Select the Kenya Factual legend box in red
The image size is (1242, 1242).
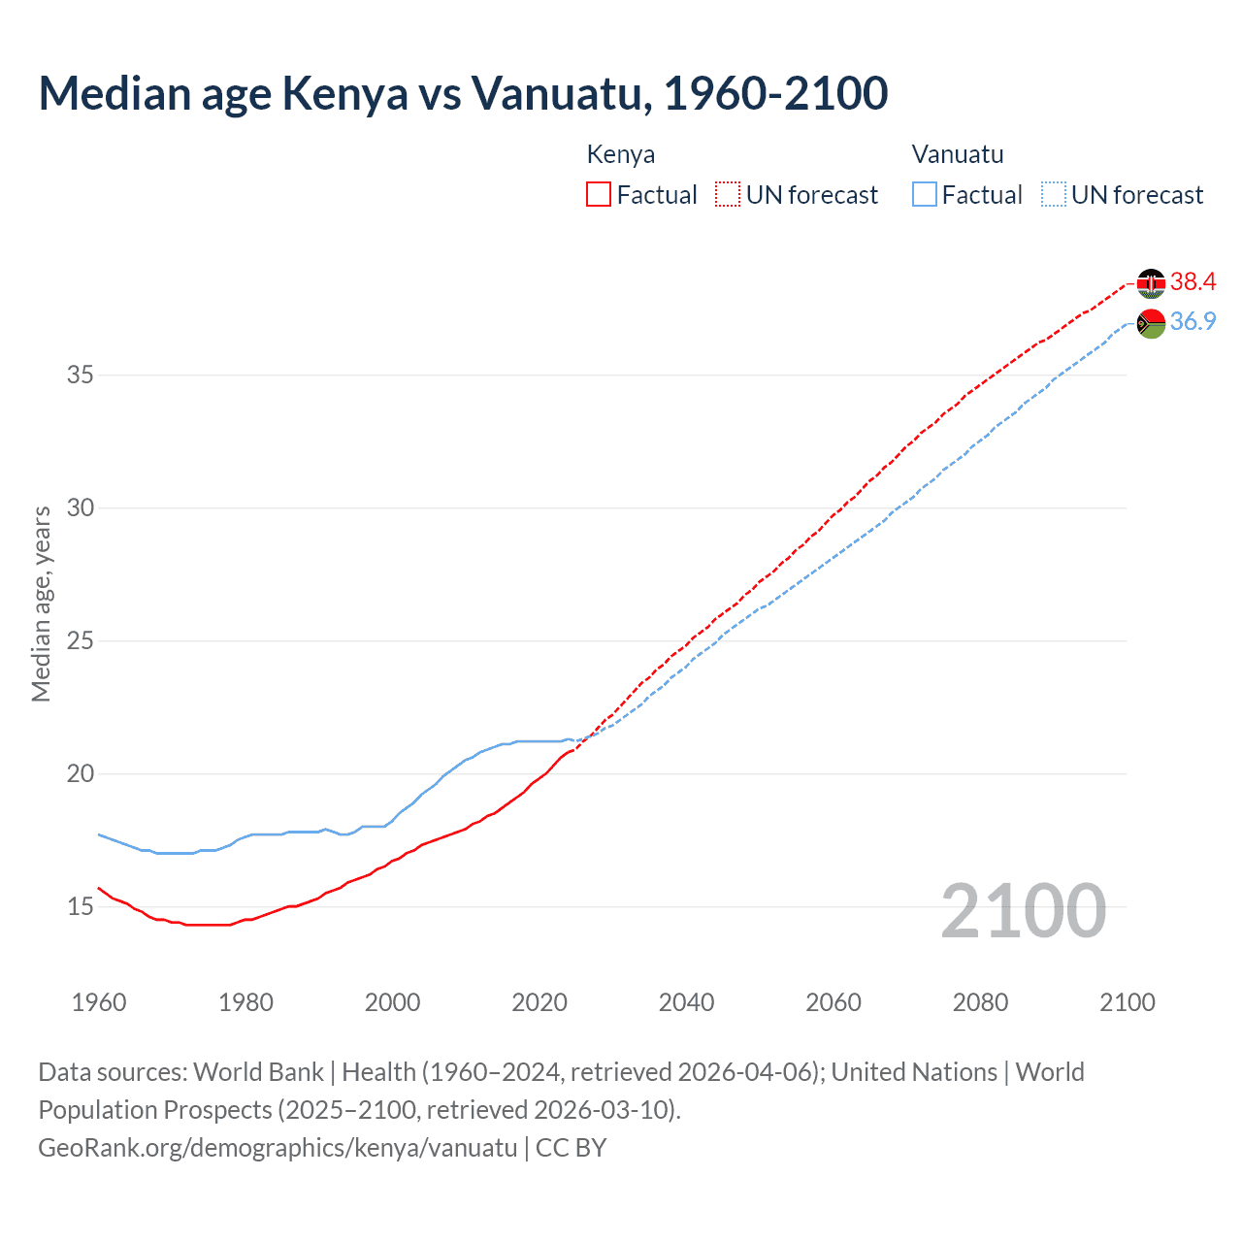tap(599, 195)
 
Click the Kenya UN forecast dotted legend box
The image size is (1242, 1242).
tap(728, 195)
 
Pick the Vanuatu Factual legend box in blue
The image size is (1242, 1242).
tap(925, 195)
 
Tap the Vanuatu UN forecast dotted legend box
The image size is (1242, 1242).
tap(1054, 195)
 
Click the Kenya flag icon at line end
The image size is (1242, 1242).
tap(1151, 282)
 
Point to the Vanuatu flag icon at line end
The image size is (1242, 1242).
tap(1151, 323)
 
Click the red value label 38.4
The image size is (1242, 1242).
tap(1193, 282)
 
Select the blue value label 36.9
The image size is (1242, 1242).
tap(1193, 322)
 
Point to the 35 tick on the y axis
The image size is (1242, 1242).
tap(81, 375)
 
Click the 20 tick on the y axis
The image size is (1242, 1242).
tap(81, 774)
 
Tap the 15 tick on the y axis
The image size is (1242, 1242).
tap(81, 907)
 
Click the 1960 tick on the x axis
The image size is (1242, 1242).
tap(99, 1002)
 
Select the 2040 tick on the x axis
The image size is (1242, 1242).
tap(686, 1002)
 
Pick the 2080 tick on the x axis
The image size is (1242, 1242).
tap(980, 1002)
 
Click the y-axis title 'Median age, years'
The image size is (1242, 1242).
tap(41, 604)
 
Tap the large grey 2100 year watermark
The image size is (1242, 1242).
tap(1023, 911)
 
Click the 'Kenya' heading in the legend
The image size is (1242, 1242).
tap(621, 154)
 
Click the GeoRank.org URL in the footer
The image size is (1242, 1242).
tap(278, 1148)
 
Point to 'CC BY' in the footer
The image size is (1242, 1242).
tap(572, 1148)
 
